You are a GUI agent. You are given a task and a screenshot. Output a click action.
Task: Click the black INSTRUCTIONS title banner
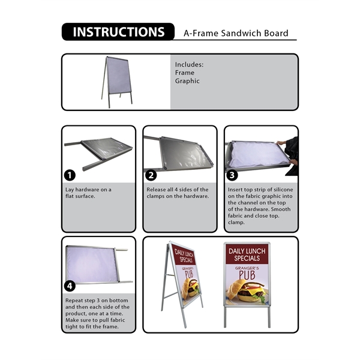[118, 32]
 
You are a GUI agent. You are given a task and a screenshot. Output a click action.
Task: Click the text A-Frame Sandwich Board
[236, 34]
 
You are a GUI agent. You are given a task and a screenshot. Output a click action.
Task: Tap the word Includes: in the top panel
[189, 64]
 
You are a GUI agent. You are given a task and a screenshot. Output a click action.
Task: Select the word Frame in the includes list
[185, 73]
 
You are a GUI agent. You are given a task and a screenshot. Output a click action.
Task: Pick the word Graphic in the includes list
[187, 81]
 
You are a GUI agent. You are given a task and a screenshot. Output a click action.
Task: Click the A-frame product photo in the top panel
[118, 82]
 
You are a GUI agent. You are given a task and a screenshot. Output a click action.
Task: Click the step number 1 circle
[70, 175]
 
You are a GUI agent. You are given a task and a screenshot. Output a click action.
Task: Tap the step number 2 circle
[151, 175]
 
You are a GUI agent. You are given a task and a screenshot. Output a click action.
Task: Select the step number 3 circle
[233, 175]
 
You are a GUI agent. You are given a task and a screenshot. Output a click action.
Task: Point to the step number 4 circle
[70, 286]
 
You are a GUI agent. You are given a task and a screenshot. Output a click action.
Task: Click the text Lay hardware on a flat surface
[88, 193]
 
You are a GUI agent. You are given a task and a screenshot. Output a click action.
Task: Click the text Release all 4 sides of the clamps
[178, 193]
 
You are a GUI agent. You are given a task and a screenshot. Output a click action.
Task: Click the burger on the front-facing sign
[247, 293]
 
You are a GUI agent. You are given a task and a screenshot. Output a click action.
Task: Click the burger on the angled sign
[191, 290]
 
